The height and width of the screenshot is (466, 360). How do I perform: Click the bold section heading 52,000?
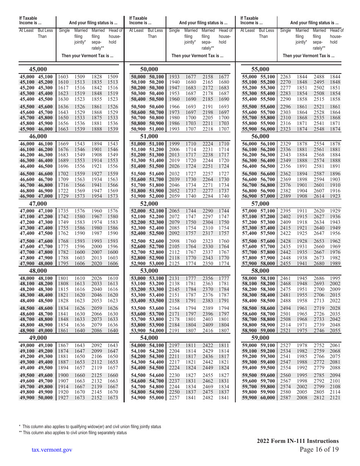click(149, 203)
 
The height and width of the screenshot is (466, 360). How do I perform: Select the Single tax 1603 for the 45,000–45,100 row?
click(63, 77)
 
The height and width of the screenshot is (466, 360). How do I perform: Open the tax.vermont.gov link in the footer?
click(52, 450)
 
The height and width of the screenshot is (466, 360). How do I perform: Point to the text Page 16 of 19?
click(319, 449)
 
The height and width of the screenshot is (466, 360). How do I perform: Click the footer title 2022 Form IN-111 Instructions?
click(297, 441)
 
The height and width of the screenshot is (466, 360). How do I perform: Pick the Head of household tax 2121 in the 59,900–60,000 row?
click(335, 398)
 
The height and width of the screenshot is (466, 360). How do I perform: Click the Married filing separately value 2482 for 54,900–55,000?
click(208, 398)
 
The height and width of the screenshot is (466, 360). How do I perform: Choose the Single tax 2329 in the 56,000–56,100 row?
click(285, 144)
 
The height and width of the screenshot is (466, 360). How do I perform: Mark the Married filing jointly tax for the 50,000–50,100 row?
click(191, 77)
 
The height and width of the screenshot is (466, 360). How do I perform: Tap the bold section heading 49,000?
click(38, 338)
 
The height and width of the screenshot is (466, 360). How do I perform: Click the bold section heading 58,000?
click(261, 271)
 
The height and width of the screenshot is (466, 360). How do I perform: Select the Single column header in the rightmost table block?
click(285, 30)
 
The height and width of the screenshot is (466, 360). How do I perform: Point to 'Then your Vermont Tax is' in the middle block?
click(197, 56)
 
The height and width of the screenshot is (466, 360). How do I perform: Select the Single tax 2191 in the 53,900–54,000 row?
click(174, 331)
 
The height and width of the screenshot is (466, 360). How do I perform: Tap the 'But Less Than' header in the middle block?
click(155, 33)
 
